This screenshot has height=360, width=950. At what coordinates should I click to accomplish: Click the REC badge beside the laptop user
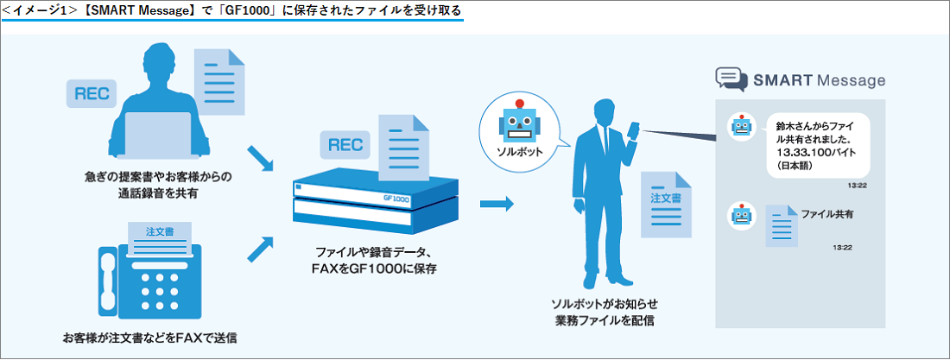pyautogui.click(x=92, y=94)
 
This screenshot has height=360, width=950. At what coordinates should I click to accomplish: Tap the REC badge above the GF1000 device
pyautogui.click(x=345, y=145)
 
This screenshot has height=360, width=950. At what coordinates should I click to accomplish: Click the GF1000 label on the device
pyautogui.click(x=396, y=199)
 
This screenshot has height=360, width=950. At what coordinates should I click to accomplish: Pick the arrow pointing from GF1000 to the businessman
pyautogui.click(x=497, y=204)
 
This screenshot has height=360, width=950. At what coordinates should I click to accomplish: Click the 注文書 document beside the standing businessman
pyautogui.click(x=666, y=205)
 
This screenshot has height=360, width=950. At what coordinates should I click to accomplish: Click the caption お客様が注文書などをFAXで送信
pyautogui.click(x=149, y=338)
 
